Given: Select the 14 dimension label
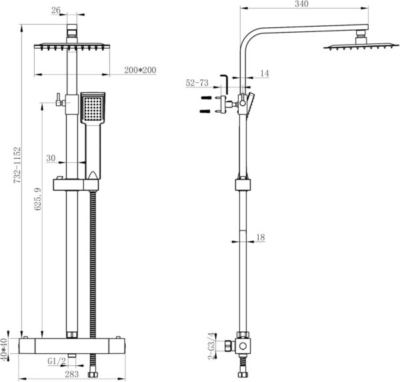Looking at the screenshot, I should click(265, 73).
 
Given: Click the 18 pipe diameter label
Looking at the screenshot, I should click(261, 237).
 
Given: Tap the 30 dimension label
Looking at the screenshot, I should click(51, 159).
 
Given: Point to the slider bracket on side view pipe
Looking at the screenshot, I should click(243, 185).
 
